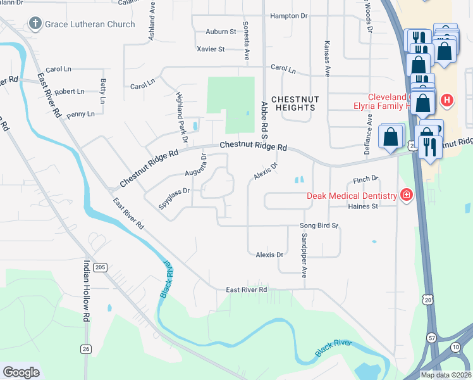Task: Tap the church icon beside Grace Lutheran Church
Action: tap(34, 24)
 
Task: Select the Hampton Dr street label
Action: tap(288, 16)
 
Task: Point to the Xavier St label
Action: tap(211, 49)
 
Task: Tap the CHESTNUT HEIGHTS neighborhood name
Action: tap(293, 104)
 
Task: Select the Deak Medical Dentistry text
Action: tap(351, 195)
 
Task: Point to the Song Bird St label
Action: tap(319, 225)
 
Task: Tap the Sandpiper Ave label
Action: tap(304, 255)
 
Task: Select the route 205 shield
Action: tap(99, 268)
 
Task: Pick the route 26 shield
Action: tap(86, 348)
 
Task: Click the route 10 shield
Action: tap(455, 347)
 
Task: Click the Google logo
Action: tap(21, 372)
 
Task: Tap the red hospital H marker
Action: tap(447, 100)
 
